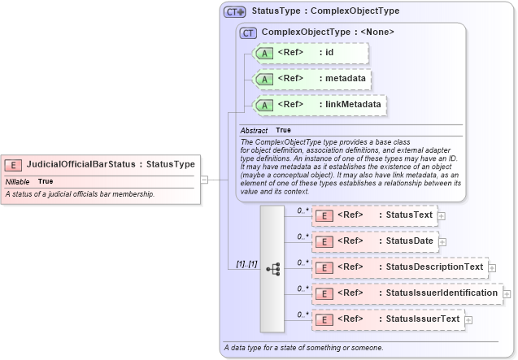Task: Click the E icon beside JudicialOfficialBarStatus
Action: [x=14, y=164]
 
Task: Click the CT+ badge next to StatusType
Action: [x=235, y=12]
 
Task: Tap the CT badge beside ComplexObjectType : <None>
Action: [x=249, y=33]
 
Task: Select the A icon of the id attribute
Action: [x=264, y=53]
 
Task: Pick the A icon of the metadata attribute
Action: [x=264, y=79]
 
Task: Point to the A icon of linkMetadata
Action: [x=264, y=105]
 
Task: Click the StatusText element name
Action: [x=409, y=215]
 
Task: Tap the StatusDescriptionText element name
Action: [x=434, y=267]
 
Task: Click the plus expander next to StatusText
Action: [x=442, y=216]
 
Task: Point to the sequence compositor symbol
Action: [x=272, y=268]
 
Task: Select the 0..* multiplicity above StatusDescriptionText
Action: [x=302, y=262]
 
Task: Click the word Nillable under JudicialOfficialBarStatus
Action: [x=18, y=181]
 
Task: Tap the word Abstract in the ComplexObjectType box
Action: [x=254, y=130]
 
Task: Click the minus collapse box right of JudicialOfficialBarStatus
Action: [x=204, y=180]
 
